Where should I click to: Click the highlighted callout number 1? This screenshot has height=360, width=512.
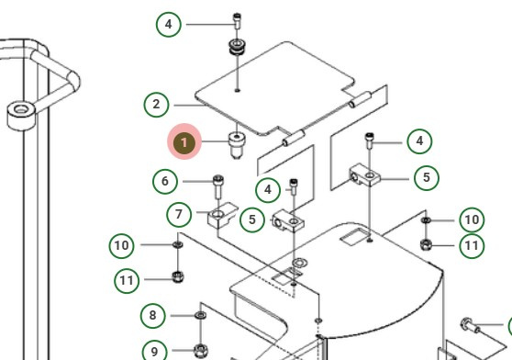184,141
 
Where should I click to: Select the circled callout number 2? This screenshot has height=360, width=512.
156,105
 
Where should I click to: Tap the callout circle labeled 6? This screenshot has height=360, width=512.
165,181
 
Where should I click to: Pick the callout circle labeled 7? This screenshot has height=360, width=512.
179,215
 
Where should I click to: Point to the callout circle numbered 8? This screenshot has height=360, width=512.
153,316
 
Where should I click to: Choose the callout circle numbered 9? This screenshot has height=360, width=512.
155,352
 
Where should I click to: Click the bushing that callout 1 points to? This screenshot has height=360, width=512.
237,145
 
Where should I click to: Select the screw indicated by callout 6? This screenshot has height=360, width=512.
218,186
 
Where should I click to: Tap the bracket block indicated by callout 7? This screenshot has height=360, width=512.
221,215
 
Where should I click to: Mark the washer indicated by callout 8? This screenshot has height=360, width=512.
200,315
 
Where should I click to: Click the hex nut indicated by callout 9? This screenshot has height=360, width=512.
201,351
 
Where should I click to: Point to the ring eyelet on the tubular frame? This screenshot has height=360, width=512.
21,116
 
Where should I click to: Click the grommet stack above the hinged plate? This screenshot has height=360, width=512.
237,47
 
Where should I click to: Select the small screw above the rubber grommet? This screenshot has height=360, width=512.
237,21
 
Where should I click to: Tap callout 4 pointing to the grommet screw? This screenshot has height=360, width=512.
169,24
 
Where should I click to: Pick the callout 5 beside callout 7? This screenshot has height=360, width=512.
252,219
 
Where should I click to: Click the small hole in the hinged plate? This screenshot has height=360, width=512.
238,90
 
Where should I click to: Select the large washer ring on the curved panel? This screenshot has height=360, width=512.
298,263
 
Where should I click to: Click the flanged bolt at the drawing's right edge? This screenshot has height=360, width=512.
470,325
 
